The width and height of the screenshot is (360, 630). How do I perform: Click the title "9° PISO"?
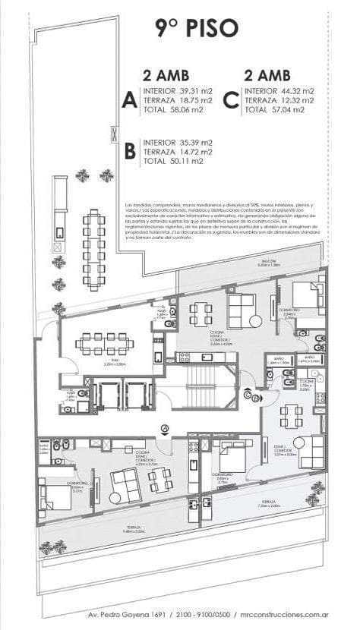click(197, 28)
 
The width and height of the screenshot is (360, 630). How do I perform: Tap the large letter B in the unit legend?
click(130, 151)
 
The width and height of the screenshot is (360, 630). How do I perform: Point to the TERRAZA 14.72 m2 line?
click(177, 151)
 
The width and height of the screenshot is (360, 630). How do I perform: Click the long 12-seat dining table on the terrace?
click(95, 250)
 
